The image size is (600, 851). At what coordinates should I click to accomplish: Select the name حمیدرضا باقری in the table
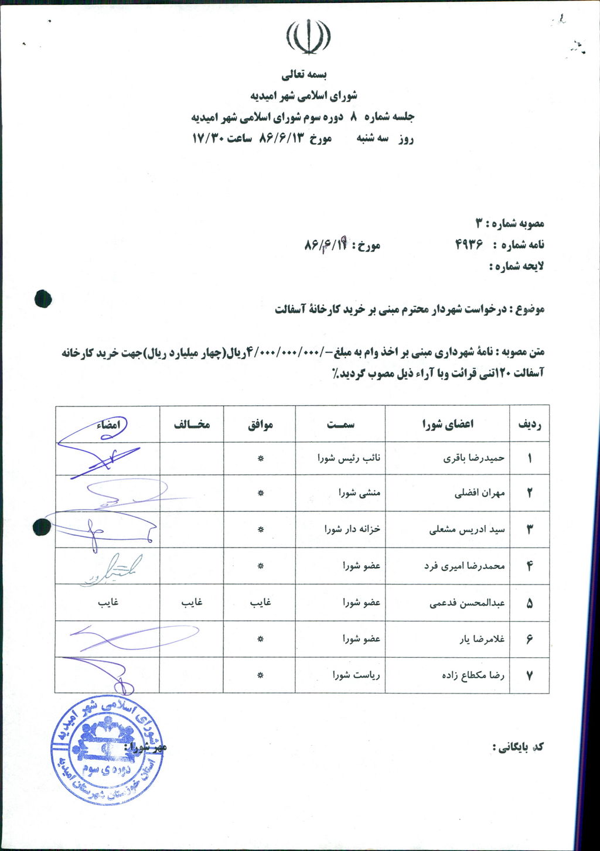click(x=474, y=459)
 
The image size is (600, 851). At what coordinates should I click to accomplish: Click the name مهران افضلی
click(x=479, y=493)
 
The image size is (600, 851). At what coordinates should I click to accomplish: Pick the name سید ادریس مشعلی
click(x=467, y=530)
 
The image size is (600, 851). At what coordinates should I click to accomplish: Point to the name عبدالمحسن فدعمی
click(x=467, y=603)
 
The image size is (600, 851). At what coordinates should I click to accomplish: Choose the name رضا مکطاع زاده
click(x=473, y=675)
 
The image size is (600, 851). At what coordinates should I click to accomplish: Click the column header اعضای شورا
click(x=448, y=423)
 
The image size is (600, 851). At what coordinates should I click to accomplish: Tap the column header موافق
click(x=260, y=424)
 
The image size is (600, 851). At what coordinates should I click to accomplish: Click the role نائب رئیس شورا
click(x=349, y=459)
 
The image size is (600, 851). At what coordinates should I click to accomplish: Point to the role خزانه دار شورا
click(x=353, y=529)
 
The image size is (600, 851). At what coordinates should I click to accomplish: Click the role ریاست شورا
click(x=356, y=675)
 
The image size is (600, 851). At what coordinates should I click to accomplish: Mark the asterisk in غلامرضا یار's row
click(x=261, y=639)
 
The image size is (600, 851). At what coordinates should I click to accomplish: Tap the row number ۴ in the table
click(x=530, y=566)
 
